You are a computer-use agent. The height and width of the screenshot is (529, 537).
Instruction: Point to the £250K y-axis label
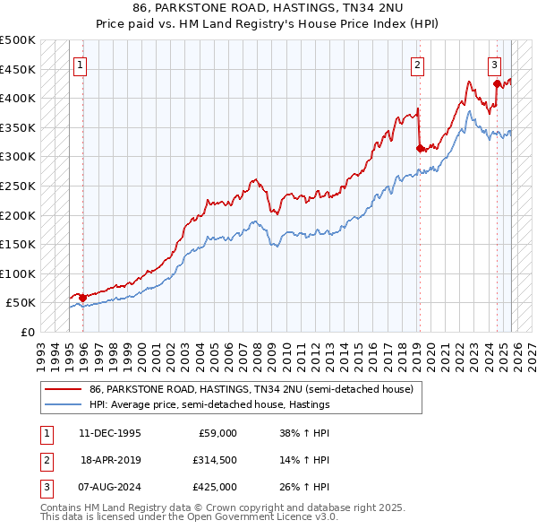click(18, 186)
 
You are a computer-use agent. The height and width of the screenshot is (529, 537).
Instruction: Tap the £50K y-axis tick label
click(21, 303)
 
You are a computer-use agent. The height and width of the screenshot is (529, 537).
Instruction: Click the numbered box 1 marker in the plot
click(81, 65)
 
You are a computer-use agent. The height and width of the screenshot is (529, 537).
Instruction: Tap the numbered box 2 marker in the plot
click(417, 65)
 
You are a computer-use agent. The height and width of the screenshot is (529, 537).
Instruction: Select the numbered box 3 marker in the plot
click(494, 65)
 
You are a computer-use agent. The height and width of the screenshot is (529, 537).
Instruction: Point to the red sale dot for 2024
click(497, 84)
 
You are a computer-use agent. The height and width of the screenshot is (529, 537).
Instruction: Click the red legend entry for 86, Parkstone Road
click(251, 390)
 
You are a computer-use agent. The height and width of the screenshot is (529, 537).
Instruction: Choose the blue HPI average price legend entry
click(209, 404)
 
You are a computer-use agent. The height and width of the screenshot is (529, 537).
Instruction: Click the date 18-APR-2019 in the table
click(110, 460)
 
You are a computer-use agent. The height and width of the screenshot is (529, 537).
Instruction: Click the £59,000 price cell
click(217, 433)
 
